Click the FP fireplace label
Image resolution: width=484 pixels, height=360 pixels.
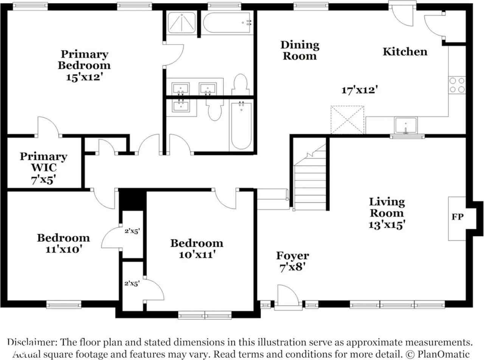tap(457, 217)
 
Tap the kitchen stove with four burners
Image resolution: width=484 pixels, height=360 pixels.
tap(457, 85)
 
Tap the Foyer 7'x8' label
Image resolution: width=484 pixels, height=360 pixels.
tap(292, 261)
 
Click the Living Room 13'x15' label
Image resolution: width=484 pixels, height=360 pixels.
tap(387, 213)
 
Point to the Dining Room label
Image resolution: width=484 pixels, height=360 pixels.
tap(300, 50)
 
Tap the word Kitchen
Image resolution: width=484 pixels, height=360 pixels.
tap(405, 52)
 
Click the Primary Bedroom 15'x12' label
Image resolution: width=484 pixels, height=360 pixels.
tap(84, 65)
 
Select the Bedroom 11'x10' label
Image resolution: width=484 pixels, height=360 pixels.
tap(63, 243)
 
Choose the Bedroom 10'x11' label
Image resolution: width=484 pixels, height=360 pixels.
tap(197, 249)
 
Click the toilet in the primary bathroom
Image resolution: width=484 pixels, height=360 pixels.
tap(240, 84)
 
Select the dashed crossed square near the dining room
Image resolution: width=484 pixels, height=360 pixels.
tap(347, 120)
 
